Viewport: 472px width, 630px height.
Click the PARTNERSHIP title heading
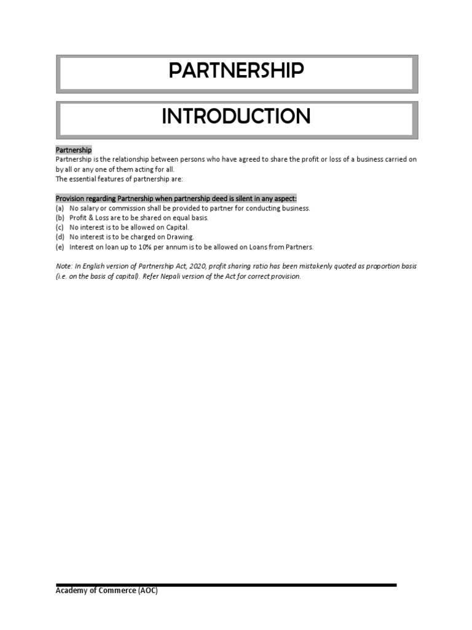tap(236, 71)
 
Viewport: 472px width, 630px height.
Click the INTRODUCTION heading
tap(236, 116)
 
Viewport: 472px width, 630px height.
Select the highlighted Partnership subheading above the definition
tap(74, 150)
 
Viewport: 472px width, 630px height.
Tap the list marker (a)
tap(60, 209)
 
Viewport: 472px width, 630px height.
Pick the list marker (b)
tap(60, 218)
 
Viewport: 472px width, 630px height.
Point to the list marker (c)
tap(60, 228)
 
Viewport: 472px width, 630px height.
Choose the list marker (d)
tap(60, 237)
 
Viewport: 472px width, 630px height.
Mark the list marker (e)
tap(60, 247)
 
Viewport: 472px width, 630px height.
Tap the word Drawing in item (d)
tap(181, 237)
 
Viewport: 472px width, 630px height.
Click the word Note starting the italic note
tap(63, 266)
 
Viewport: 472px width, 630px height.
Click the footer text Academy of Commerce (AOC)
tap(107, 591)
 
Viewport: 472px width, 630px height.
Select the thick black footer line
tap(226, 585)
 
